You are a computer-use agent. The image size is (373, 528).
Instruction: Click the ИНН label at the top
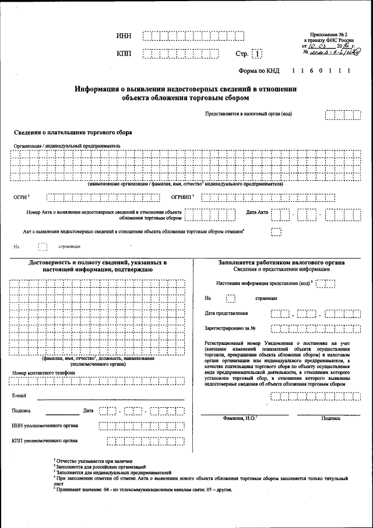point(124,36)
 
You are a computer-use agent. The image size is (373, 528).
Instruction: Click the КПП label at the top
point(124,54)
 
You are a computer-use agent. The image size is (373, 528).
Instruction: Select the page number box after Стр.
point(257,54)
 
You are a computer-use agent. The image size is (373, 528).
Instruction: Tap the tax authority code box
point(343,114)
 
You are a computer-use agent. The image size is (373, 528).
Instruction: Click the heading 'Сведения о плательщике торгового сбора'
point(73,132)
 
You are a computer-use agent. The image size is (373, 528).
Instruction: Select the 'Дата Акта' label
point(257,212)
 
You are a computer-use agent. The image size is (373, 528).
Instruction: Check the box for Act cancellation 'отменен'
point(276,232)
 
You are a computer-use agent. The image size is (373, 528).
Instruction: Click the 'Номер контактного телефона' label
point(43,372)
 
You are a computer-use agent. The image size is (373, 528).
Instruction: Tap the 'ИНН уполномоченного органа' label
point(46,425)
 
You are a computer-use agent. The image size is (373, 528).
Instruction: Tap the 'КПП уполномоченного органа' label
point(46,440)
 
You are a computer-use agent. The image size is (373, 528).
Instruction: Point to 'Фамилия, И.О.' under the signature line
point(240,418)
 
